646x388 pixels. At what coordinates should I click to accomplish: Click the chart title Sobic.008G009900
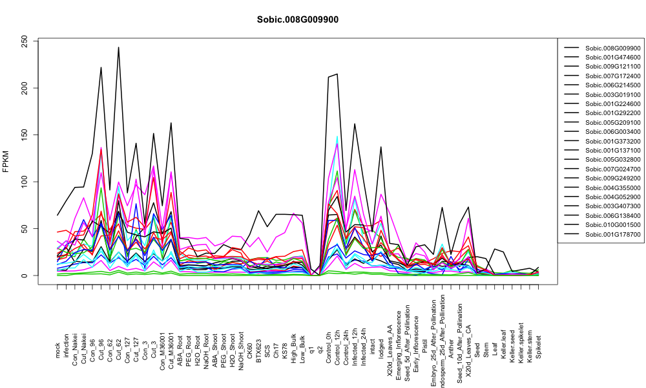(x=297, y=20)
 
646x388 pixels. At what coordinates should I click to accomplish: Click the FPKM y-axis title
(x=6, y=161)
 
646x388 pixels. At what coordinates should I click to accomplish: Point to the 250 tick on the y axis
(x=25, y=41)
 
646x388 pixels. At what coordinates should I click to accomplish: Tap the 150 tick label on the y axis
(x=25, y=135)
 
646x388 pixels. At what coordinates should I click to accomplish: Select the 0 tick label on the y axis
(x=25, y=275)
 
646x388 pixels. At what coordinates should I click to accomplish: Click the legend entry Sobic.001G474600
(x=612, y=58)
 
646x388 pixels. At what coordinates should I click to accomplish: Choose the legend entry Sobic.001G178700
(x=612, y=235)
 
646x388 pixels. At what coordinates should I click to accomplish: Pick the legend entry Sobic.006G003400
(x=612, y=132)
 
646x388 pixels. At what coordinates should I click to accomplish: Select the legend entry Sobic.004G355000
(x=612, y=188)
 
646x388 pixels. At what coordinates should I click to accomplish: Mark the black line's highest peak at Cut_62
(x=119, y=47)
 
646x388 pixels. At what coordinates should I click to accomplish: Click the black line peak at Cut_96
(x=101, y=67)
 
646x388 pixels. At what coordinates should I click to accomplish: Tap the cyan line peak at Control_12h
(x=337, y=136)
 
